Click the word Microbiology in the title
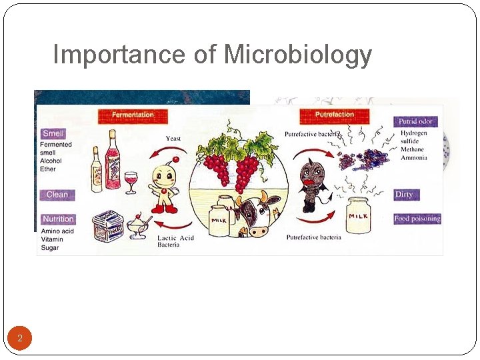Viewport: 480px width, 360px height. click(297, 55)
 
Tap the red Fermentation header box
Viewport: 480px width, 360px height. click(132, 115)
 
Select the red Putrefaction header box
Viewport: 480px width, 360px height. click(335, 115)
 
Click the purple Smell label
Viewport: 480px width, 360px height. click(53, 133)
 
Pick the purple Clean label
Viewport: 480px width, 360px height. click(57, 195)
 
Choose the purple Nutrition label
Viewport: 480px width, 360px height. click(58, 219)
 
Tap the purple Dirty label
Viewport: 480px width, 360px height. click(404, 195)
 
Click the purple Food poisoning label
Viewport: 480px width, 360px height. click(417, 219)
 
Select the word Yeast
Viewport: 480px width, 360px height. click(173, 139)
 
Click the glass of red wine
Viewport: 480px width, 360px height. click(131, 181)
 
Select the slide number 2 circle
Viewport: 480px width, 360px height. click(20, 339)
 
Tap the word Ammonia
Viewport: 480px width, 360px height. click(413, 158)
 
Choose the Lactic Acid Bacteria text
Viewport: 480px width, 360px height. click(175, 241)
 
